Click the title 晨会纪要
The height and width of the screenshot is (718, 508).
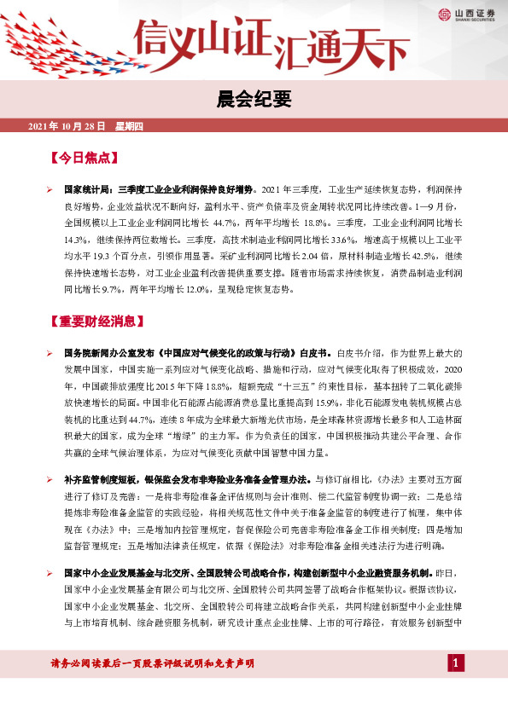point(254,100)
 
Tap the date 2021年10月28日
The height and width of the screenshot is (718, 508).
point(67,126)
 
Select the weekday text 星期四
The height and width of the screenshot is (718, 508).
point(128,126)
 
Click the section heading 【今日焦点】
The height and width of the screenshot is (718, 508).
point(83,159)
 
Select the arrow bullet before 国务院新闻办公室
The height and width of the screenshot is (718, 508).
point(50,352)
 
